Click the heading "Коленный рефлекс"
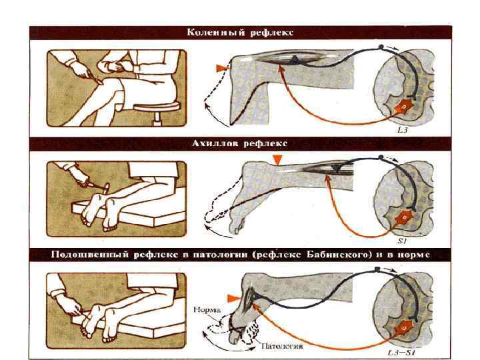(240, 33)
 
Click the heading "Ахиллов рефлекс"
(240, 143)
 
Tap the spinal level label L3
(403, 130)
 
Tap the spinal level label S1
(402, 241)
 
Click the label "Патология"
(282, 346)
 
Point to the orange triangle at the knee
(221, 68)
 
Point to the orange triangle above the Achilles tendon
(277, 160)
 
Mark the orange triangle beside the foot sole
(234, 299)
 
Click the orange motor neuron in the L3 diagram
(404, 107)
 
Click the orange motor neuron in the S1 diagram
(404, 217)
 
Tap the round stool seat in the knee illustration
(157, 107)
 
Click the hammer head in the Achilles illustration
(107, 187)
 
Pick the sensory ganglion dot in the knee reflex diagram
(381, 47)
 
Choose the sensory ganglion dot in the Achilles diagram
(381, 157)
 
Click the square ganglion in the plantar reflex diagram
(377, 269)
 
